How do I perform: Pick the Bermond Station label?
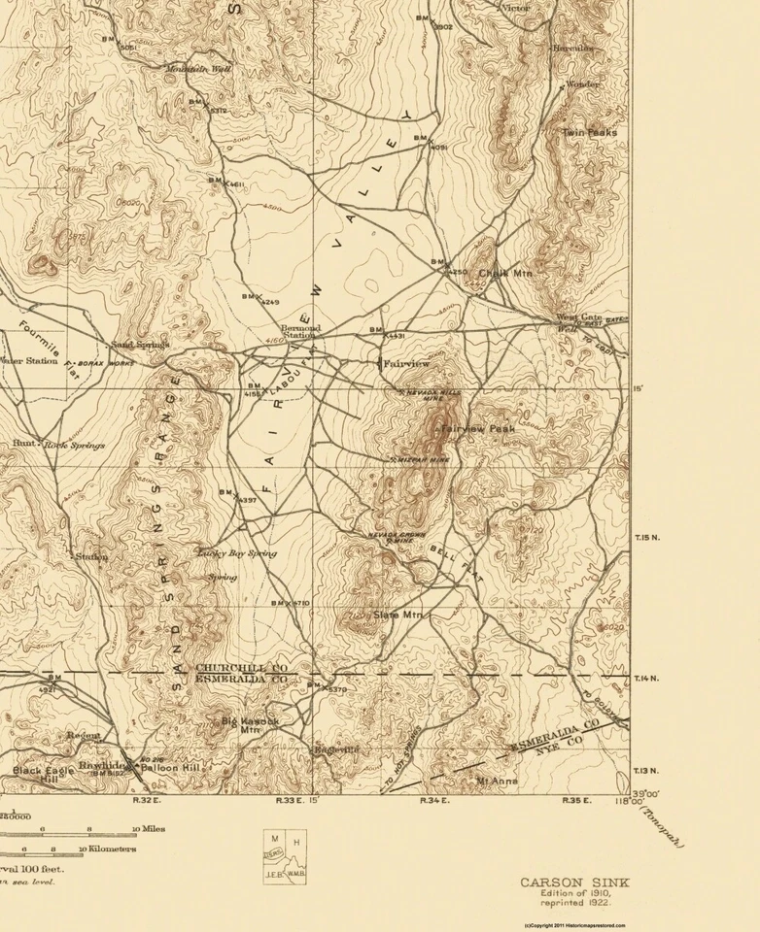(x=300, y=333)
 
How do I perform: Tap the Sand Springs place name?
(x=139, y=344)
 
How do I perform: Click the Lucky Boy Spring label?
(x=237, y=553)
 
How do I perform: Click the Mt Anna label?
(x=497, y=781)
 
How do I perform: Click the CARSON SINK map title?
(x=573, y=882)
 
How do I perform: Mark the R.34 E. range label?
(x=432, y=801)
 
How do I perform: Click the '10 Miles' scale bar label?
(x=149, y=829)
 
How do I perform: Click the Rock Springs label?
(x=74, y=445)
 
